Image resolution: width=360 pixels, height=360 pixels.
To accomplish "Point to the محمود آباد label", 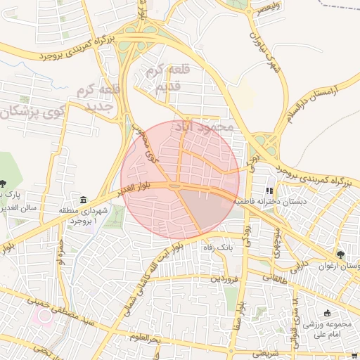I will point(207,127).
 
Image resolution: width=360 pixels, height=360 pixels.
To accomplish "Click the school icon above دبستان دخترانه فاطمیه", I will point(269,191).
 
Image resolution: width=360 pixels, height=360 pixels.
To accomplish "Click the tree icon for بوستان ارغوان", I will point(341,255).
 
